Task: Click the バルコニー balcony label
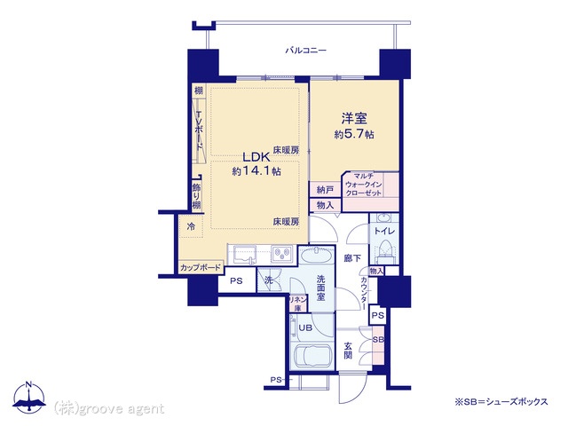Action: point(305,50)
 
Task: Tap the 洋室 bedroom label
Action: point(354,118)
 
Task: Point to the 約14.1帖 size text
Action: point(256,171)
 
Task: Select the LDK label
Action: point(256,157)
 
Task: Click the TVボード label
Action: point(199,130)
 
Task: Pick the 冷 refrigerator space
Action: point(191,226)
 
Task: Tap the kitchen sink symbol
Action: point(245,255)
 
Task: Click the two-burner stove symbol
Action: point(282,254)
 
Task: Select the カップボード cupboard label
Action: point(201,268)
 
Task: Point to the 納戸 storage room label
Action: point(325,189)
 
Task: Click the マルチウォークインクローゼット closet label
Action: point(363,185)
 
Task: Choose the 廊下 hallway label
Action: point(352,258)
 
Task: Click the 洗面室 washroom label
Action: point(321,288)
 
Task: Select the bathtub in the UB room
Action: point(312,355)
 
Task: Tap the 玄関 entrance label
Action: point(348,350)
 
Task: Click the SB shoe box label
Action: point(378,340)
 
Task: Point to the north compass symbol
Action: point(29,398)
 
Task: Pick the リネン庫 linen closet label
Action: point(298,304)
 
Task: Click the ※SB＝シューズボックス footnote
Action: point(501,402)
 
